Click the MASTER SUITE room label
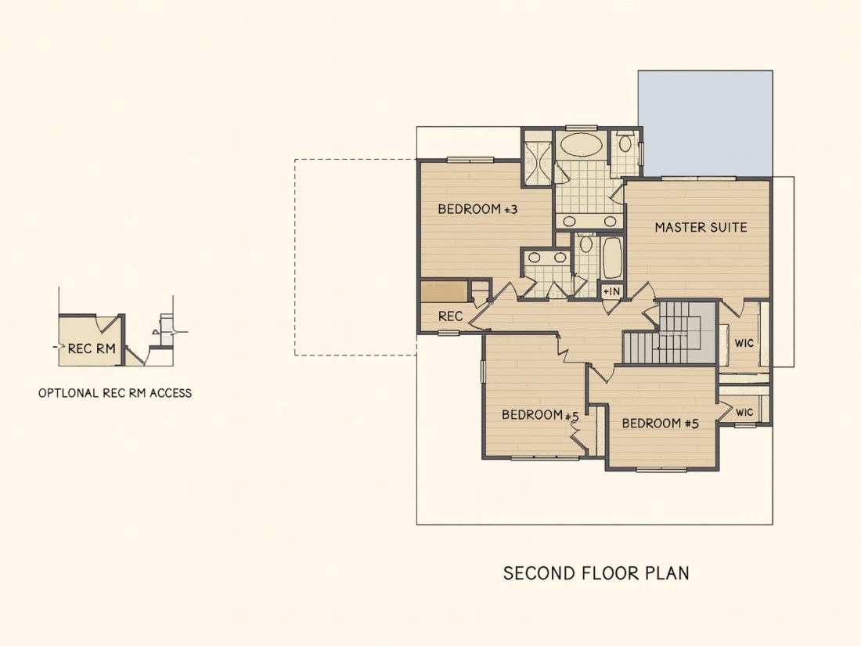tap(701, 227)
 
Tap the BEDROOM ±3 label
tap(477, 209)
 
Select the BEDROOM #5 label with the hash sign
tap(660, 424)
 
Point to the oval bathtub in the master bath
tap(581, 145)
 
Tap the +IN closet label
tap(611, 292)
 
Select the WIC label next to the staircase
tap(744, 343)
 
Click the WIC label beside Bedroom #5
tap(744, 412)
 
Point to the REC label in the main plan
tap(450, 316)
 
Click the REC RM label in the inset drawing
tap(92, 348)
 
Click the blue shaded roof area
tap(706, 124)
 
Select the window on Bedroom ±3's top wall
tap(470, 160)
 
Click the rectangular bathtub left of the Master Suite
tap(612, 258)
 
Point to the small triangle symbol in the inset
tap(156, 332)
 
